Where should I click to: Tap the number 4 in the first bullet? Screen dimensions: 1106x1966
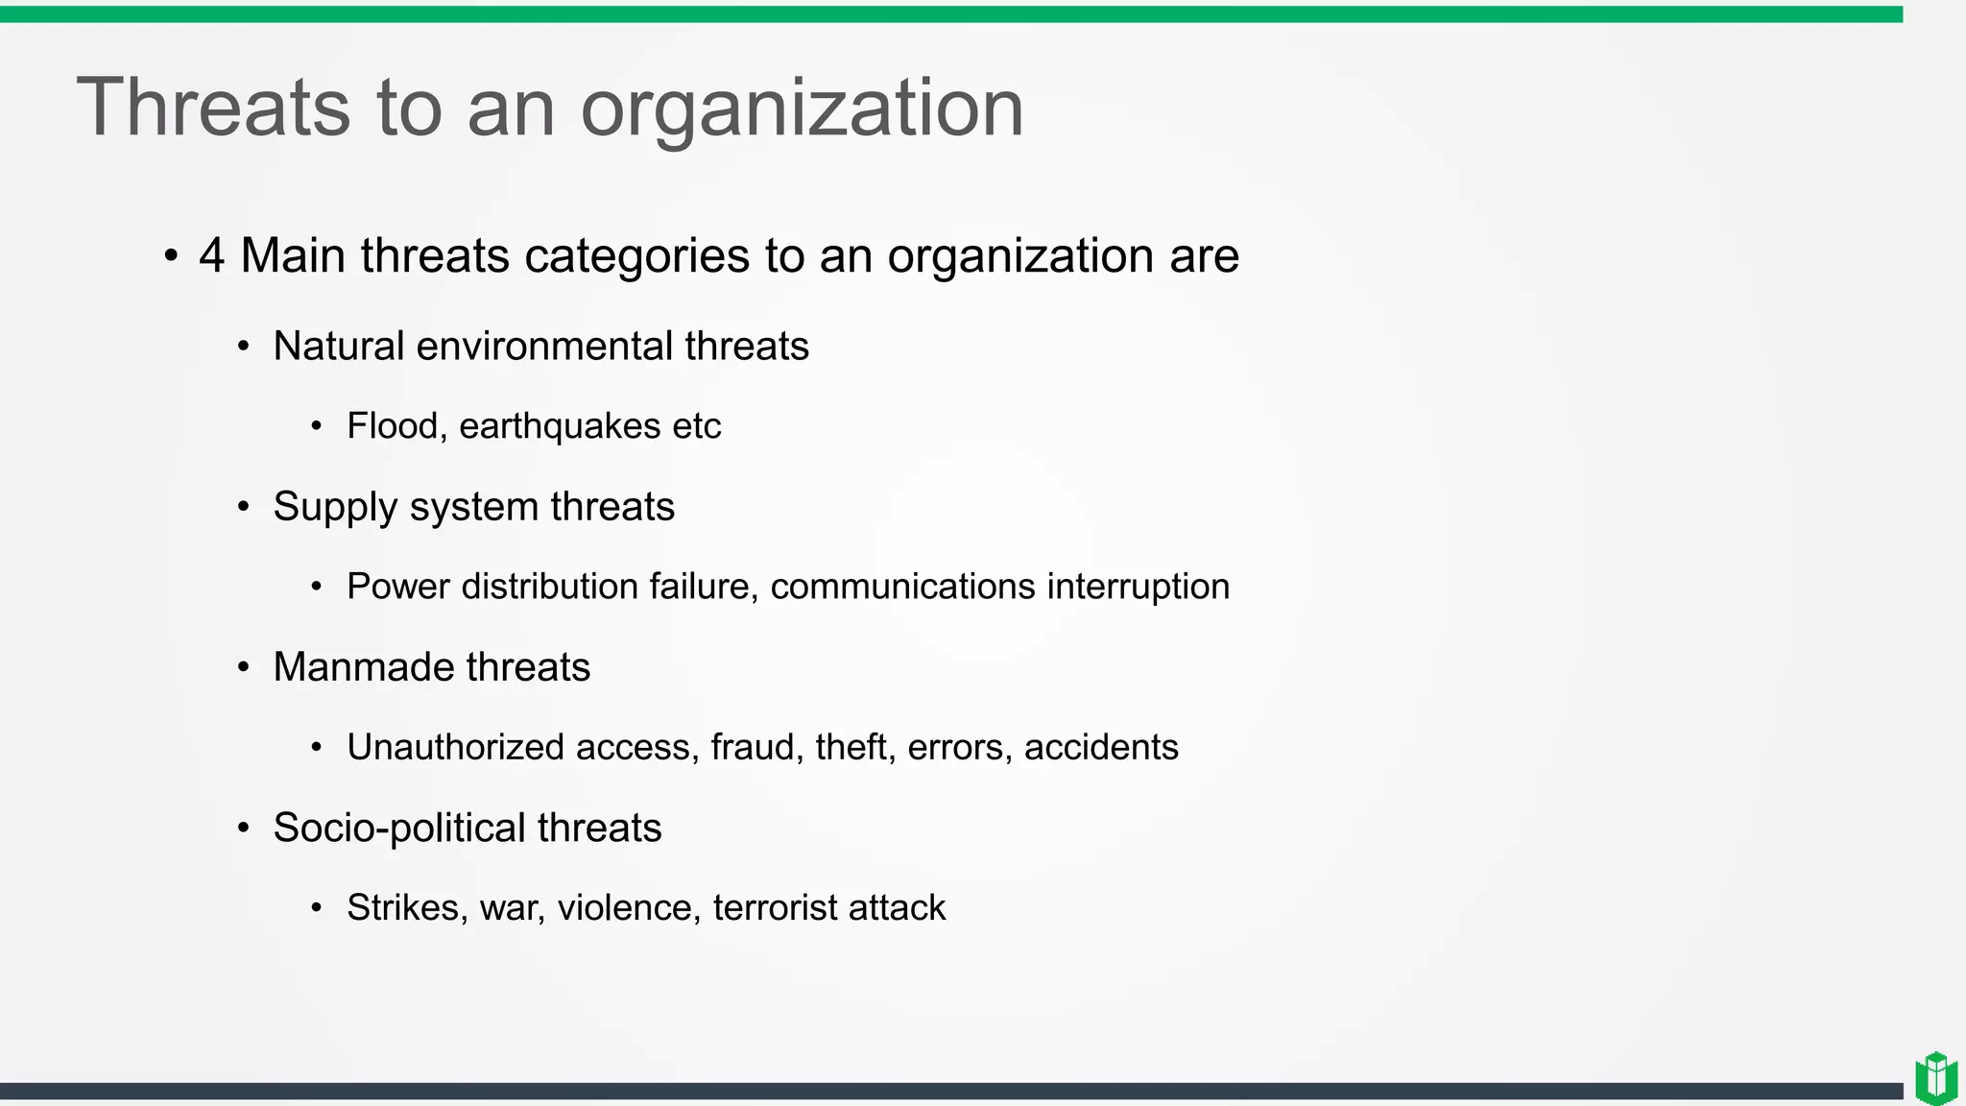pyautogui.click(x=211, y=255)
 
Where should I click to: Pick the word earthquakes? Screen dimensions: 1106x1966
pyautogui.click(x=560, y=426)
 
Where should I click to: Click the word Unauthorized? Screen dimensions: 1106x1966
pyautogui.click(x=455, y=747)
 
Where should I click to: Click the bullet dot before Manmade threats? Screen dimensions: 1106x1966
pyautogui.click(x=244, y=666)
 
